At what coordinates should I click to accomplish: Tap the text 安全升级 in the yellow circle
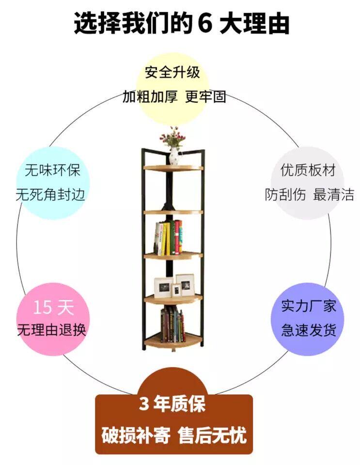172,72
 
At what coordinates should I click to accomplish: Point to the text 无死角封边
50,195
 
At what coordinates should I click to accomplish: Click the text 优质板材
308,170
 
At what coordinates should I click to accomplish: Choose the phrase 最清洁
333,195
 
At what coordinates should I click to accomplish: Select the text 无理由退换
52,330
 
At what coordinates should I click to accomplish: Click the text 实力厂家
309,306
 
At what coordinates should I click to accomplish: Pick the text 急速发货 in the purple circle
309,330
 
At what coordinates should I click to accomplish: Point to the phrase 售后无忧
212,435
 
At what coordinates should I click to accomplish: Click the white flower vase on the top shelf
174,156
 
